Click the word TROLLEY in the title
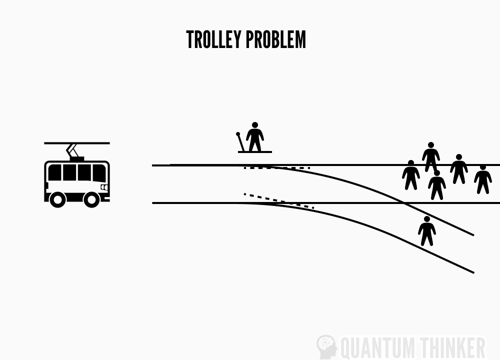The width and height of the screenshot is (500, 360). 212,40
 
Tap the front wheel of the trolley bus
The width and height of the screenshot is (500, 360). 92,199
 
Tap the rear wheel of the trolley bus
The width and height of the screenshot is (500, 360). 57,199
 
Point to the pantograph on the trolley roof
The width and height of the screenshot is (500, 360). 73,150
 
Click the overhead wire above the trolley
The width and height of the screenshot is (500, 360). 76,143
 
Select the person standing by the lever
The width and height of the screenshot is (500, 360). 255,138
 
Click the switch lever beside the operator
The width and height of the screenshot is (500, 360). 240,141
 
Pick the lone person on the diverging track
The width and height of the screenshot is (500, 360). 426,231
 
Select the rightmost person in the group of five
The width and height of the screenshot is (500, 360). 482,179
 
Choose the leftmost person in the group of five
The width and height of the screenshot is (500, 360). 411,175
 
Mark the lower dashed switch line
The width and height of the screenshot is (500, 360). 278,200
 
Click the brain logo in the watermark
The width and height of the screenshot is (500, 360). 326,345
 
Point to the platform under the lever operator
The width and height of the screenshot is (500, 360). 255,151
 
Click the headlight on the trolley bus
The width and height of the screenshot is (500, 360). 104,187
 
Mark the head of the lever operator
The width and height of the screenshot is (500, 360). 255,125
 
